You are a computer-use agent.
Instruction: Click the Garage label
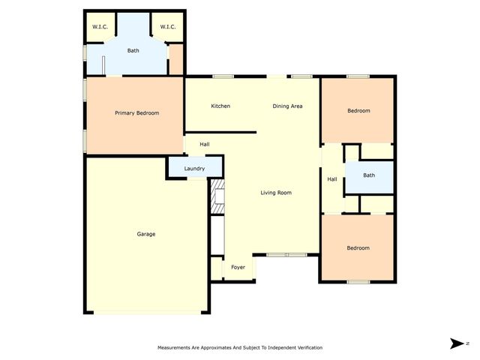point(146,234)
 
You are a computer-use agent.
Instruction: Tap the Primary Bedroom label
point(136,112)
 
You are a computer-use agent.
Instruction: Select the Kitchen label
point(220,106)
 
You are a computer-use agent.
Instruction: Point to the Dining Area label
point(287,106)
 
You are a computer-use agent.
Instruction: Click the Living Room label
point(275,193)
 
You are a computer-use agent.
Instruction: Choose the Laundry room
point(194,168)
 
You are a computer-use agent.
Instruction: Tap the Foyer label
point(238,267)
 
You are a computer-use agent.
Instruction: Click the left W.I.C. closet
point(100,27)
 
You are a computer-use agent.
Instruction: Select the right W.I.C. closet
point(166,27)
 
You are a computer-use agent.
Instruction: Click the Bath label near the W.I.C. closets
point(133,50)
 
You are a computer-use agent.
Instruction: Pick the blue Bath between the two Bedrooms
point(369,175)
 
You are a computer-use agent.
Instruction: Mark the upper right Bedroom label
point(358,111)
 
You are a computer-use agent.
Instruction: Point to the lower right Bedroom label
point(358,247)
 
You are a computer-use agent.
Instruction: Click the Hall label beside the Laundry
point(204,144)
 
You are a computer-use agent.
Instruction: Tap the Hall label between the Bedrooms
point(332,179)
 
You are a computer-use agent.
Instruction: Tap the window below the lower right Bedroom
point(358,282)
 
